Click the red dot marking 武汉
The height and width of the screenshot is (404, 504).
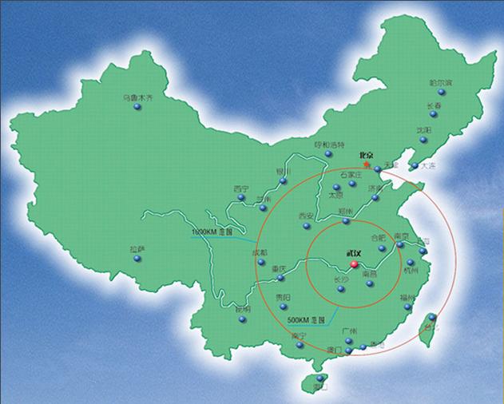(353, 263)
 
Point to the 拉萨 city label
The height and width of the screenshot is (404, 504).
(137, 249)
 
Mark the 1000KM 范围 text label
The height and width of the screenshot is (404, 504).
(211, 232)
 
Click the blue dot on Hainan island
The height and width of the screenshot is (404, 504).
(320, 378)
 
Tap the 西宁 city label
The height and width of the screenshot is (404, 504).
(240, 189)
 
